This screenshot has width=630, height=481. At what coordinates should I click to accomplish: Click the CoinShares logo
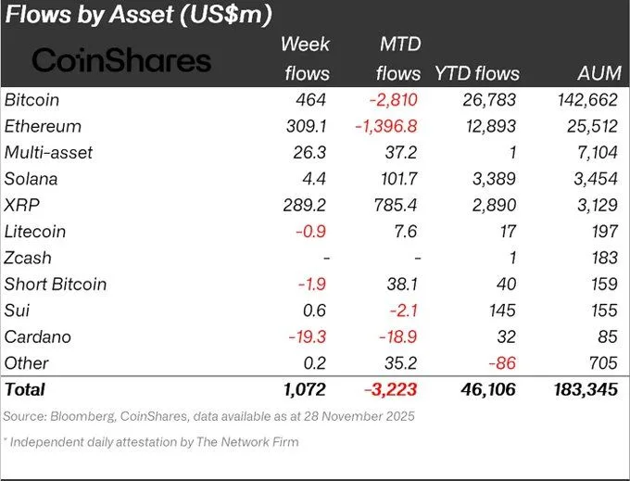coord(121,60)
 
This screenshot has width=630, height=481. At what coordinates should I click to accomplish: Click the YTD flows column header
coord(477,73)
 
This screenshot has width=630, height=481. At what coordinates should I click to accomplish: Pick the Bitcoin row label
coord(34,99)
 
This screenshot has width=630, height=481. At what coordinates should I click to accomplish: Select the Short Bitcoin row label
coord(56,284)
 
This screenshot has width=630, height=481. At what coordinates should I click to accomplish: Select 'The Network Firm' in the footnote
coord(249,442)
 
